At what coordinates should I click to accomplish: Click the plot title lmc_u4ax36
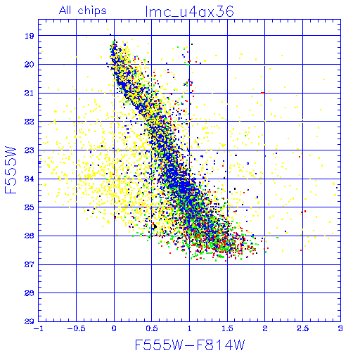click(x=189, y=11)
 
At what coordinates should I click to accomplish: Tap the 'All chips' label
click(x=83, y=11)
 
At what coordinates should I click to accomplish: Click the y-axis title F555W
click(x=11, y=170)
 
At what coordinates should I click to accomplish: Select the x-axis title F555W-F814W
click(x=190, y=345)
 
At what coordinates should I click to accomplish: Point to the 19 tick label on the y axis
click(x=30, y=36)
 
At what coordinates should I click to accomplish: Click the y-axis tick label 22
click(x=30, y=122)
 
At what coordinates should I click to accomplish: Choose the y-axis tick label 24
click(x=30, y=179)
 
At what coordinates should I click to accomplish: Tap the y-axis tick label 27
click(x=30, y=264)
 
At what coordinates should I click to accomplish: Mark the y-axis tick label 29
click(x=30, y=321)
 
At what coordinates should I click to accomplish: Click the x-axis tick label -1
click(x=38, y=328)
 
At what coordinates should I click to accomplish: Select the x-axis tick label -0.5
click(x=76, y=328)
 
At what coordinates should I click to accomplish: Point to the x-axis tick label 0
click(x=114, y=328)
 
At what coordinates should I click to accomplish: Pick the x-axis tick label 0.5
click(x=152, y=328)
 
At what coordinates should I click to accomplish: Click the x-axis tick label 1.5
click(x=227, y=328)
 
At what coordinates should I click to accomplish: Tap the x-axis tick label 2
click(x=265, y=328)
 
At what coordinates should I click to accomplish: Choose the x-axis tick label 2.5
click(x=302, y=328)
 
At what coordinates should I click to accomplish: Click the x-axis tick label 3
click(x=340, y=328)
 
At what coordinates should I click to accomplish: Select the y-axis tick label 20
click(x=30, y=65)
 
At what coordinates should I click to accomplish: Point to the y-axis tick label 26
click(x=30, y=236)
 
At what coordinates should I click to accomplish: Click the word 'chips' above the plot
click(x=92, y=11)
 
